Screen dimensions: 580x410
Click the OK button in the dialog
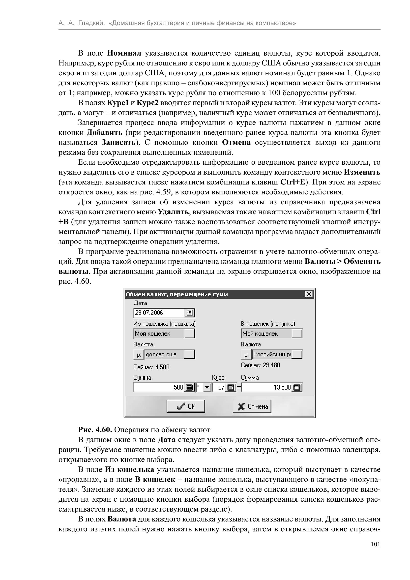coord(186,406)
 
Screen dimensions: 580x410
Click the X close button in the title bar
coord(309,294)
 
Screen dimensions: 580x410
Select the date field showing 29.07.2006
coord(159,313)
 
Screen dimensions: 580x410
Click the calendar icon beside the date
coord(189,313)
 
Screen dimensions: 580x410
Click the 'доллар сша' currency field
coord(164,354)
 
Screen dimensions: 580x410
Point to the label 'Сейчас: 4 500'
coord(151,367)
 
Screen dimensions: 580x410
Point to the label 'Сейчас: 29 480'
coord(260,365)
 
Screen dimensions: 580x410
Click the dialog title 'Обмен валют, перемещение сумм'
coord(177,294)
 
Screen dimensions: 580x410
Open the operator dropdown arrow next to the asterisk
coord(207,387)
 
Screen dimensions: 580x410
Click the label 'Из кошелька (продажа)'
coord(164,324)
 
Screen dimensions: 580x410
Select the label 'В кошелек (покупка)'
coord(268,324)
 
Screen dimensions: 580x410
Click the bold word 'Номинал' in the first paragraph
coord(124,53)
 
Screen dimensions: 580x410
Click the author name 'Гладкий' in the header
coord(91,23)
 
